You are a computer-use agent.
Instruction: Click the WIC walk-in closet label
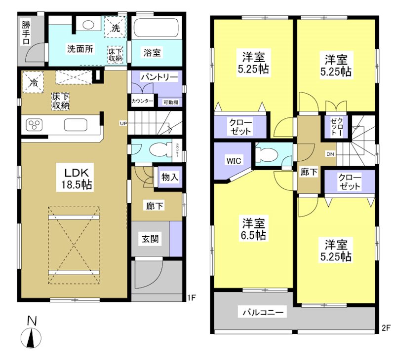coord(234,160)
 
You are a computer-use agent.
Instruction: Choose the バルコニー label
coord(262,312)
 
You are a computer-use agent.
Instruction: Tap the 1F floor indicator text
coord(192,297)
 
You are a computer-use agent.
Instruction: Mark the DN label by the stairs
coord(329,154)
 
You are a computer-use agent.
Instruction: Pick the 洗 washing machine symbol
coord(115,28)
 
